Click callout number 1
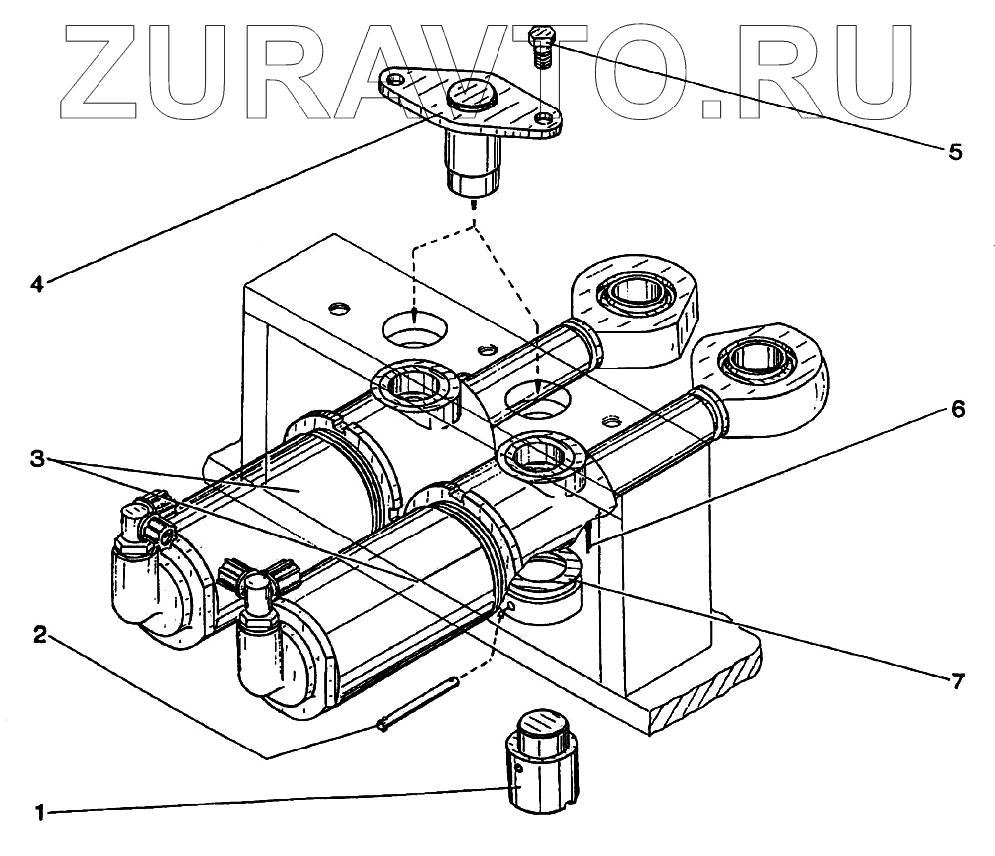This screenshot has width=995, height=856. pos(40,813)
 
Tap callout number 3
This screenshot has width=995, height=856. pos(36,459)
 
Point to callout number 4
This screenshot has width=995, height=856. pos(36,284)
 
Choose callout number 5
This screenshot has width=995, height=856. pos(954,152)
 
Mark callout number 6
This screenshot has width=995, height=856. pos(956,409)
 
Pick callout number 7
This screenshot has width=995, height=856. pos(956,681)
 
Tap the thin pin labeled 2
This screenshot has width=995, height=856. pos(418,704)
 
